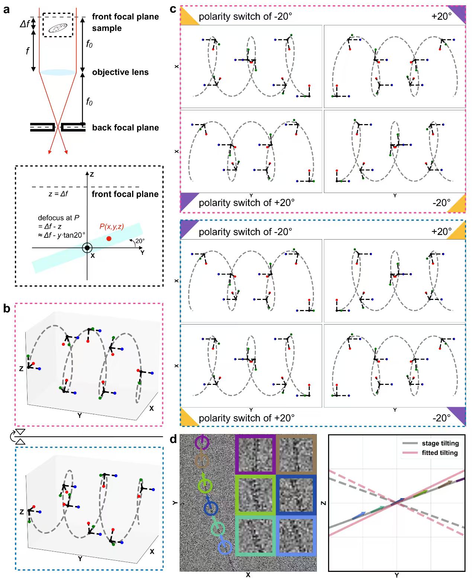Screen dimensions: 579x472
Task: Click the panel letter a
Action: click(x=6, y=10)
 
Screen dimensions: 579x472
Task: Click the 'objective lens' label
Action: click(x=120, y=72)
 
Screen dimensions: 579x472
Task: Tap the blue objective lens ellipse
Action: click(x=58, y=72)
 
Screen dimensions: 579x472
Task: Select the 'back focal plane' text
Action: click(x=125, y=128)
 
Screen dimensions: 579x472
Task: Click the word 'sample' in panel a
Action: click(x=107, y=28)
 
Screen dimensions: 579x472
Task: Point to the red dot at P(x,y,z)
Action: click(x=109, y=238)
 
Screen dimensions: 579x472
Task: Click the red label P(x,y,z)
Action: click(x=112, y=227)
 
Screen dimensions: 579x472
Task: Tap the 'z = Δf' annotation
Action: click(x=58, y=194)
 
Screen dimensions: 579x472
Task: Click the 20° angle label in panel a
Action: click(x=140, y=241)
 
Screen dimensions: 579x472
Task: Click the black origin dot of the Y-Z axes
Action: click(x=87, y=248)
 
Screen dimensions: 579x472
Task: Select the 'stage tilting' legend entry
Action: click(x=440, y=443)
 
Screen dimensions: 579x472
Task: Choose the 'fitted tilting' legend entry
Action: click(x=439, y=453)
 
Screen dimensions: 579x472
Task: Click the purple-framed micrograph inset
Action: click(x=256, y=454)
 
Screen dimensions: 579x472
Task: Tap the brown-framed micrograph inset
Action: click(x=296, y=454)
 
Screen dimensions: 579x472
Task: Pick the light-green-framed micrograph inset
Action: click(x=256, y=495)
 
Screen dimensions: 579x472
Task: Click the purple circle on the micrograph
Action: click(x=202, y=443)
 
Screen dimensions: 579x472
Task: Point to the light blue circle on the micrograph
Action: click(x=225, y=547)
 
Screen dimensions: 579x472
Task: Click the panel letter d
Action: click(x=173, y=440)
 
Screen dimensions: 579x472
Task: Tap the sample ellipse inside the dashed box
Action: click(x=58, y=28)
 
